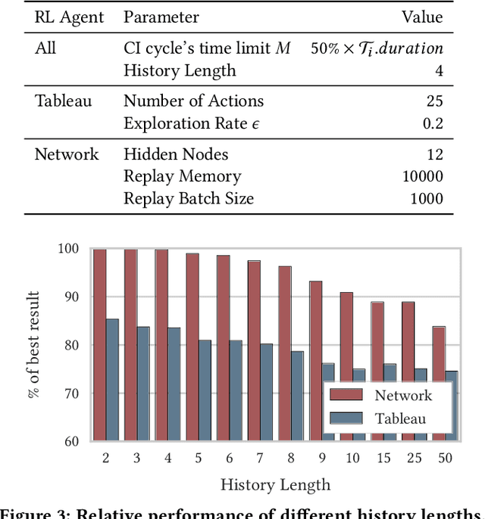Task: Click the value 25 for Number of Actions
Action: point(434,101)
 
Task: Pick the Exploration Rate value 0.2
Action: point(433,123)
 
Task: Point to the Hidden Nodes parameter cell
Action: point(176,154)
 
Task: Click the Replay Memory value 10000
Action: point(422,176)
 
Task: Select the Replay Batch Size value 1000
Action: point(426,198)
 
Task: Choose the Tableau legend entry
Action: point(400,418)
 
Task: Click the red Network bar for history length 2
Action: point(99,344)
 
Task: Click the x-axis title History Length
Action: point(275,485)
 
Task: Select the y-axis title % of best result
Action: point(36,345)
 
